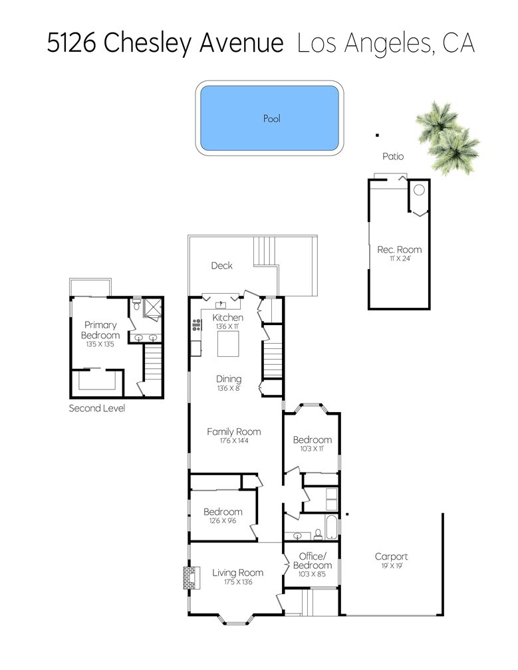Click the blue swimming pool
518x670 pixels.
click(269, 118)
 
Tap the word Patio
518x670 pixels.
click(393, 156)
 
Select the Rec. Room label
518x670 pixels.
click(399, 249)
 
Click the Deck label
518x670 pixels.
click(222, 265)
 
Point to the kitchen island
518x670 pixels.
click(228, 344)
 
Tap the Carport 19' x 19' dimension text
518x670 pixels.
click(392, 566)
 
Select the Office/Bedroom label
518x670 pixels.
click(313, 560)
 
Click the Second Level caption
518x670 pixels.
click(97, 408)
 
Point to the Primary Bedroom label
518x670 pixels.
click(100, 330)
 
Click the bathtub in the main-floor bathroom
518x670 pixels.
click(332, 527)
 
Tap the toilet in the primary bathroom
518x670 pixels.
click(136, 304)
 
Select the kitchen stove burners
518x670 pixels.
click(197, 325)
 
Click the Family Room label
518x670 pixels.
click(234, 431)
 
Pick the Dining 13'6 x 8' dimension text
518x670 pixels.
click(229, 388)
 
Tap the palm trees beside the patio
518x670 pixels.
click(447, 138)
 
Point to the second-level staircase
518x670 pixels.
click(152, 363)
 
